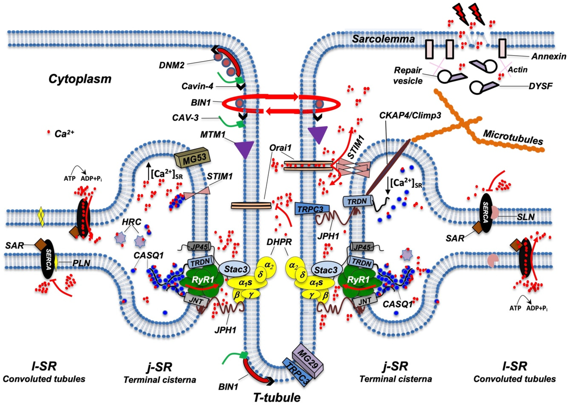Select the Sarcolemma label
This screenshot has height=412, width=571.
[383, 39]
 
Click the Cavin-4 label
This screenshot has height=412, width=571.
[197, 86]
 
